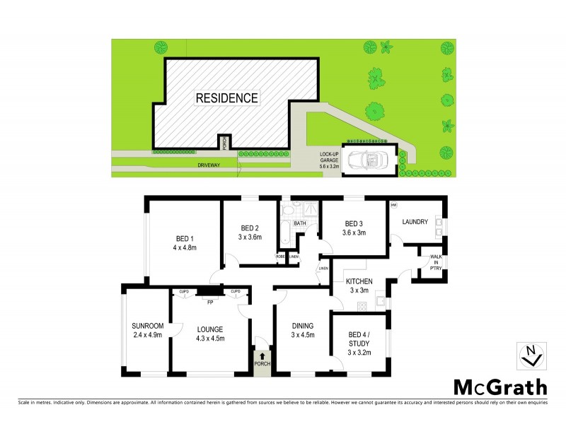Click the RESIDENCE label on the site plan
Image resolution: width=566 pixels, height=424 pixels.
coord(226,98)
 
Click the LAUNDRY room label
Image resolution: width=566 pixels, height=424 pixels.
coord(415,222)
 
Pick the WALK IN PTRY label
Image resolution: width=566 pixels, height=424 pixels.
coord(429,263)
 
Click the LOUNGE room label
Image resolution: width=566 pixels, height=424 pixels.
coord(210,329)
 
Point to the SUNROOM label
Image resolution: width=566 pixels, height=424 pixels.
coord(147,326)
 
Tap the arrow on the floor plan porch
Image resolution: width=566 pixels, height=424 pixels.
coord(262,357)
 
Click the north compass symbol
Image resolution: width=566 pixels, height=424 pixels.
coord(530,355)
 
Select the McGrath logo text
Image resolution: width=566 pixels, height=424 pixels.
coord(499,387)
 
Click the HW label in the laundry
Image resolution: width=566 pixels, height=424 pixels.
coord(393,206)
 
